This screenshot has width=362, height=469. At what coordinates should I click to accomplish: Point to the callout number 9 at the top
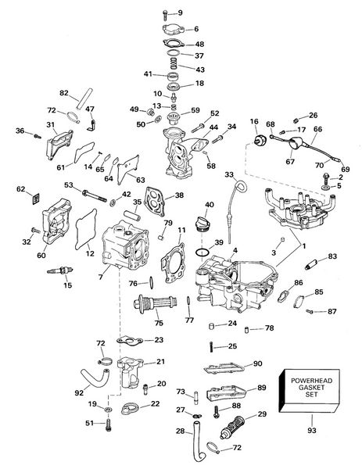[179, 13]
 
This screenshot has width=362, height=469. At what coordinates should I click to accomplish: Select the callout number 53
[68, 185]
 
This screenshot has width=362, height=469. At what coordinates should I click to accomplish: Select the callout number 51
[89, 423]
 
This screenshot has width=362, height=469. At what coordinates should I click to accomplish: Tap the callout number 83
[332, 256]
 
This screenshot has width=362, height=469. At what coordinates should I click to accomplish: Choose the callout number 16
[253, 122]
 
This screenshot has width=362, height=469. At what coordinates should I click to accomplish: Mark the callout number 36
[20, 131]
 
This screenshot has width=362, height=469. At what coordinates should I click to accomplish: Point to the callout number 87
[332, 312]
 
